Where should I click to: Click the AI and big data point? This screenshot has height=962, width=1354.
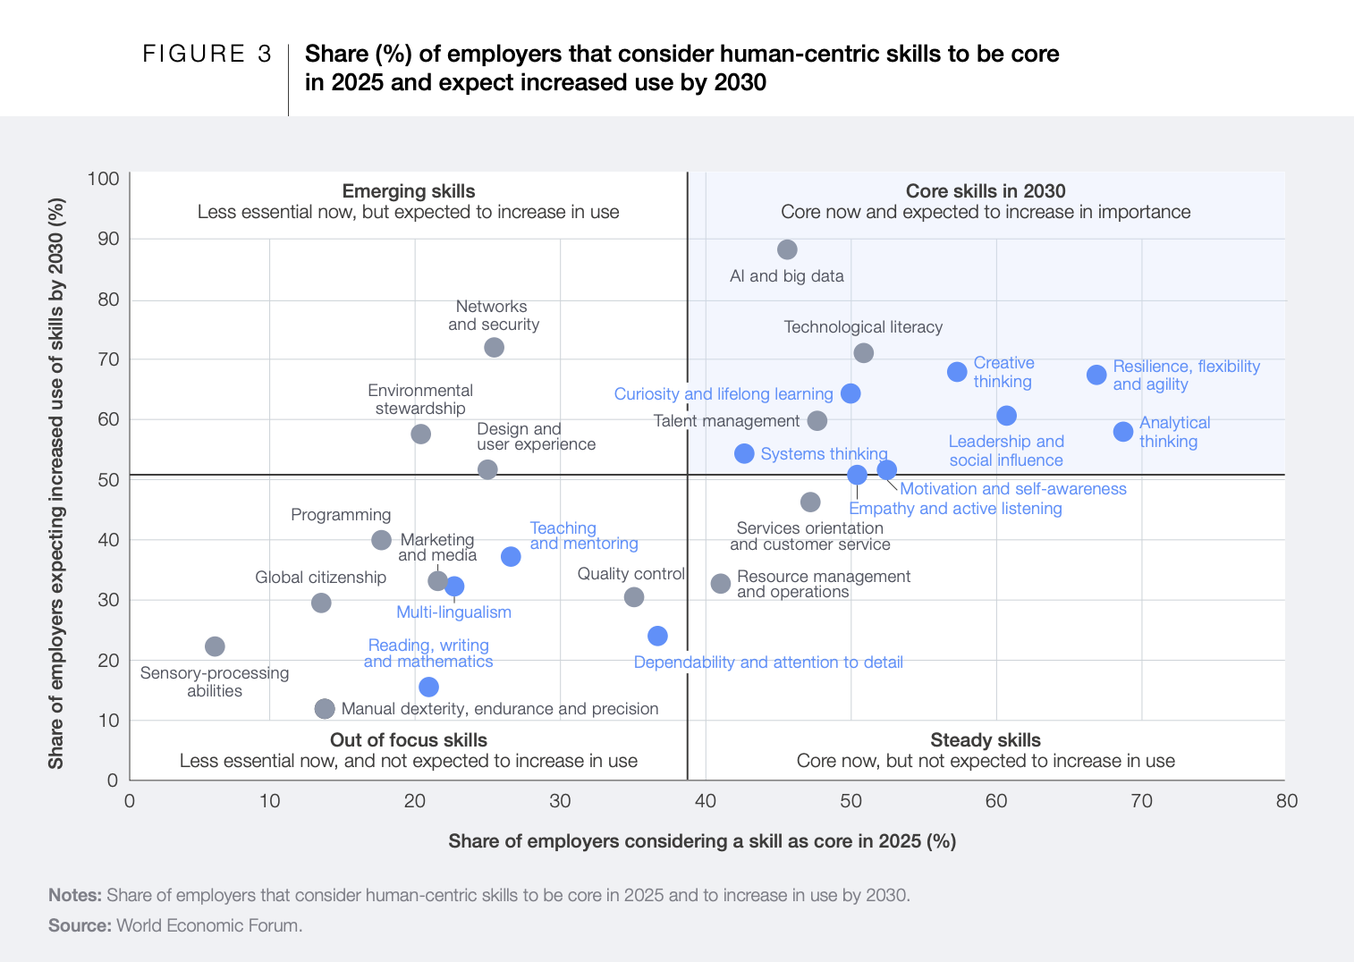coord(787,249)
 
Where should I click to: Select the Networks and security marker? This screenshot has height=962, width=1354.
coord(494,347)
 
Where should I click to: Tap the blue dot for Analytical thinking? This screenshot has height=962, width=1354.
coord(1123,432)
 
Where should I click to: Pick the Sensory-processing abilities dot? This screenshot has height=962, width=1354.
coord(215,646)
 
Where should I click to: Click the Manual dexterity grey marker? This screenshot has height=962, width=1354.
coord(325,709)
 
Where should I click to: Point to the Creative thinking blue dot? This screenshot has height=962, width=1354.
coord(957,372)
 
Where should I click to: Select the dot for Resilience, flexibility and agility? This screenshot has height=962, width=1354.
coord(1096,375)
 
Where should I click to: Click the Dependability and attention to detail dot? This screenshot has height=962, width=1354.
coord(657,636)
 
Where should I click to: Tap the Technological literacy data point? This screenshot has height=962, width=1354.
coord(863,353)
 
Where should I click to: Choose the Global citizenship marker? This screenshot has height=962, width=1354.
coord(321,603)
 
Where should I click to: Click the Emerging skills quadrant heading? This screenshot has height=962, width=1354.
coord(409,191)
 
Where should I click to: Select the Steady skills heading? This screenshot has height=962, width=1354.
coord(985,740)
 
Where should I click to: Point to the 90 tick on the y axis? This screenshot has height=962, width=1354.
coord(108,239)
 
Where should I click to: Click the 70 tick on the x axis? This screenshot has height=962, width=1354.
coord(1141,801)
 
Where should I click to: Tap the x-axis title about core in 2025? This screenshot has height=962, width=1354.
coord(702,841)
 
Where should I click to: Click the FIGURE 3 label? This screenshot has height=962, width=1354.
coord(207,55)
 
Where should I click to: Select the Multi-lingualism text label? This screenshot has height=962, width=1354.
coord(453,612)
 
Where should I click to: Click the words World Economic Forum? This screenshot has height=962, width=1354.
coord(209,925)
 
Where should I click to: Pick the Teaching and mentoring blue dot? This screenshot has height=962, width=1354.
coord(511,557)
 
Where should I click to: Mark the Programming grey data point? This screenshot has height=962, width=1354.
coord(381,540)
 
